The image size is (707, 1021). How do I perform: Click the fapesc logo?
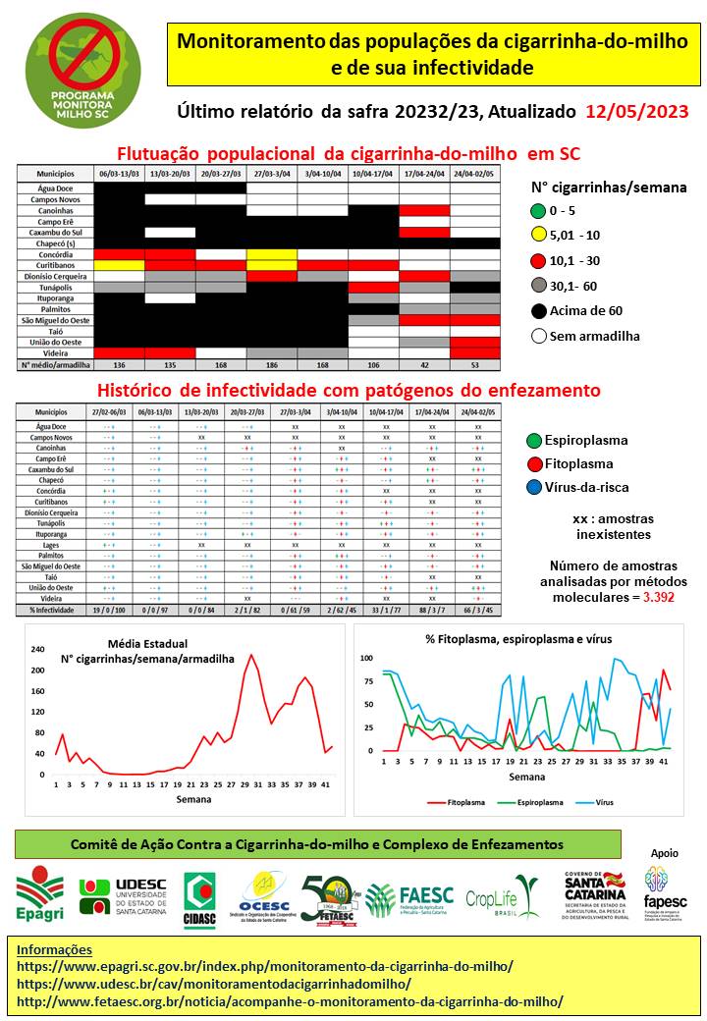(665, 887)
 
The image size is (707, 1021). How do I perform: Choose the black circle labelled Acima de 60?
(536, 311)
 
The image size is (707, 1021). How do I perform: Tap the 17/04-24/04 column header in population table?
(424, 173)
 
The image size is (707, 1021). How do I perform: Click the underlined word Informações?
(55, 949)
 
